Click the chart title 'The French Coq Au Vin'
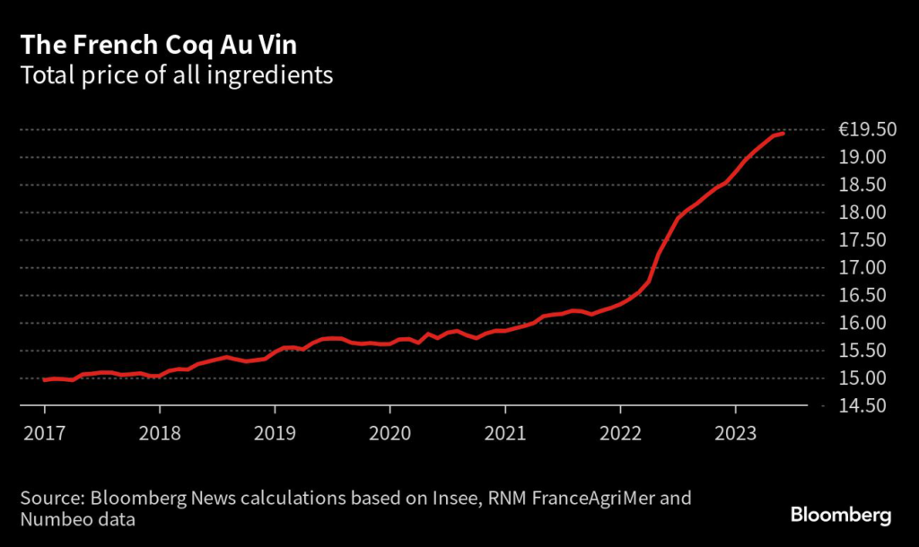pos(159,46)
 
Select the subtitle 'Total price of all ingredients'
pos(177,75)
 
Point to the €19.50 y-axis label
pos(868,129)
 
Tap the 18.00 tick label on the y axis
pos(862,213)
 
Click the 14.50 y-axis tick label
pos(862,405)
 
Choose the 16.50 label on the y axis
pos(862,295)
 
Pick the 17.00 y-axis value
pos(862,267)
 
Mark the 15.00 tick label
pos(862,378)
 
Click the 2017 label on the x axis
pos(45,433)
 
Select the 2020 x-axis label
pos(389,433)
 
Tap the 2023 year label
pos(736,433)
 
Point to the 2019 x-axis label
pos(275,433)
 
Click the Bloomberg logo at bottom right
pos(841,516)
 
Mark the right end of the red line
pos(783,134)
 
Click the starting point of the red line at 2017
pos(44,379)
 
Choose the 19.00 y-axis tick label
pos(862,157)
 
